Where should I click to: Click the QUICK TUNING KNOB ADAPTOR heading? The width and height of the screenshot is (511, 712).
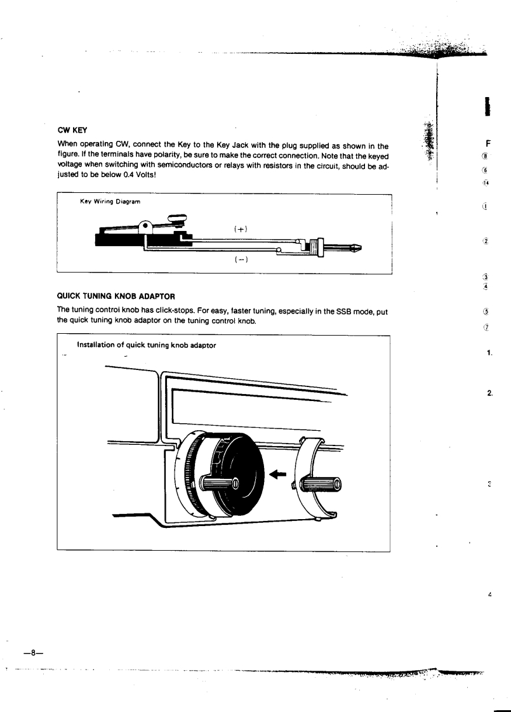tap(116, 295)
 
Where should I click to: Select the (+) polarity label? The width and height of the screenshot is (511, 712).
tap(241, 227)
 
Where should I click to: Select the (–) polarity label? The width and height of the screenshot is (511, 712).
tap(241, 259)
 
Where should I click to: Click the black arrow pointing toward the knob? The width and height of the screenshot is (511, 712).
tap(278, 473)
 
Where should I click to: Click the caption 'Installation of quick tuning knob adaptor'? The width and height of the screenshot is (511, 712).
tap(146, 345)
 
